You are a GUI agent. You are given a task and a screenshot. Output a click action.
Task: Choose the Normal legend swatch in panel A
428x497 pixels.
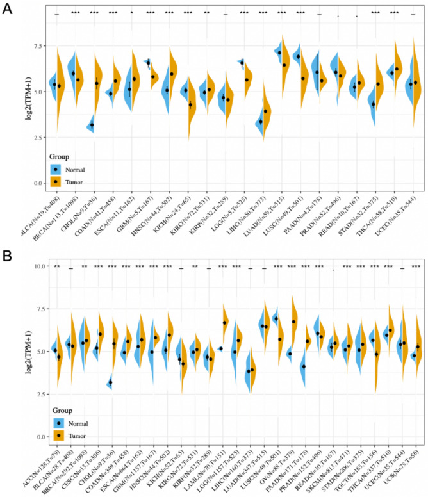tap(56, 170)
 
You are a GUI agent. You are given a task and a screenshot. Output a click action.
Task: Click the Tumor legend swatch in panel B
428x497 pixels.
tap(56, 436)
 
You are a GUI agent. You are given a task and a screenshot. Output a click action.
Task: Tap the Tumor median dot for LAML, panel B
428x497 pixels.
tap(225, 323)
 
